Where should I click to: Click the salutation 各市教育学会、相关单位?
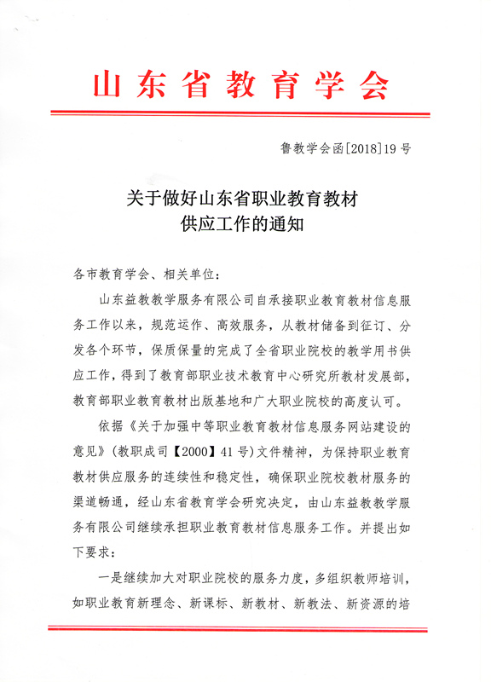pyautogui.click(x=147, y=275)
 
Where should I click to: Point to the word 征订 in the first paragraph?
pyautogui.click(x=378, y=325)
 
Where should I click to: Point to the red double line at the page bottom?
pyautogui.click(x=245, y=629)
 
